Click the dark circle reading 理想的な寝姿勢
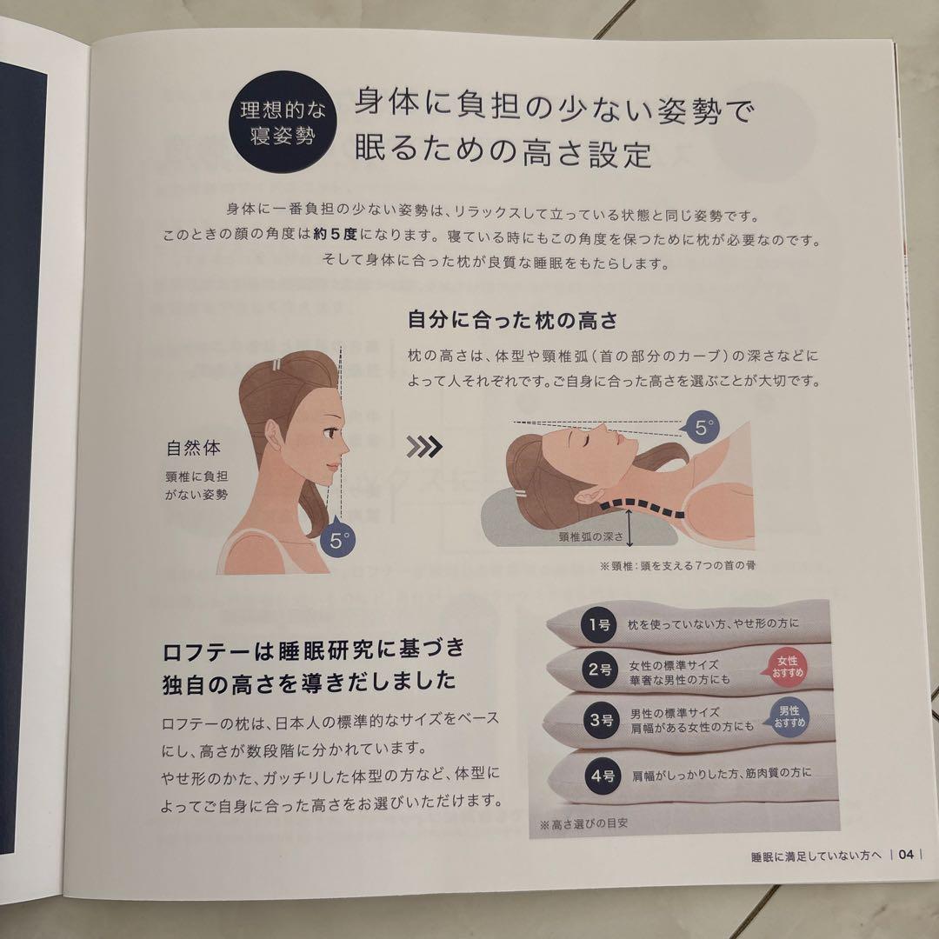click(x=276, y=123)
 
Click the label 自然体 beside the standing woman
click(x=193, y=450)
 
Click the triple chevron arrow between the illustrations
click(x=424, y=447)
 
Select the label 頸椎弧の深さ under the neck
click(x=591, y=537)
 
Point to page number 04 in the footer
click(x=905, y=855)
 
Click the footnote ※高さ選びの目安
click(x=588, y=822)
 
